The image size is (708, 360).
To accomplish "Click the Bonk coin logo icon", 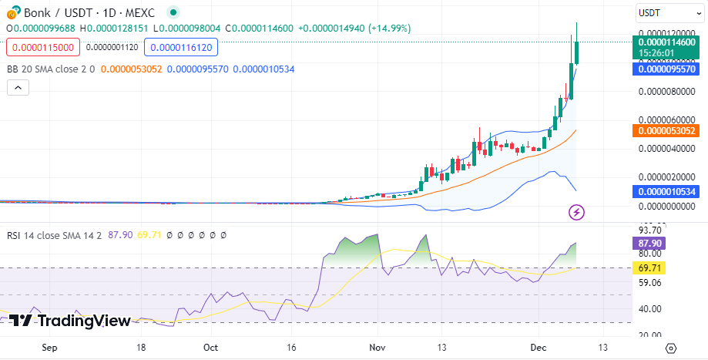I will pos(12,13).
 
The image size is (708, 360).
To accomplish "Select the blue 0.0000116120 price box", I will pos(180,48).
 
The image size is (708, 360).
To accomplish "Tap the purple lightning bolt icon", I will pos(576,211).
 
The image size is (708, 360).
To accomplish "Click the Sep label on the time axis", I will pos(49,348).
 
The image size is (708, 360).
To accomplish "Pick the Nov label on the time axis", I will pos(377,348).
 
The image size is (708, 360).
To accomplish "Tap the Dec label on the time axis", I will pos(539,348).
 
